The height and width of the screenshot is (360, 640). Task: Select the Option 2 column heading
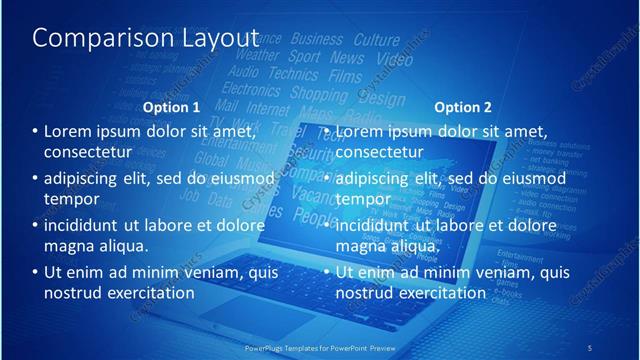463,107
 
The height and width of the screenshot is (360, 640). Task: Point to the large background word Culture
376,40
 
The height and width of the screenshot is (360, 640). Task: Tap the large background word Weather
257,56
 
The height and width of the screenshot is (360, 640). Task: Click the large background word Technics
293,73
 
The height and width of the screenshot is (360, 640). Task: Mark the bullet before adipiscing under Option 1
36,179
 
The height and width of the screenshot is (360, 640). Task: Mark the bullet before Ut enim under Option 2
327,272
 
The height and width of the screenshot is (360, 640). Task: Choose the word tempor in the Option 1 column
68,198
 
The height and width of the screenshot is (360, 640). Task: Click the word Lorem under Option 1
69,131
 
